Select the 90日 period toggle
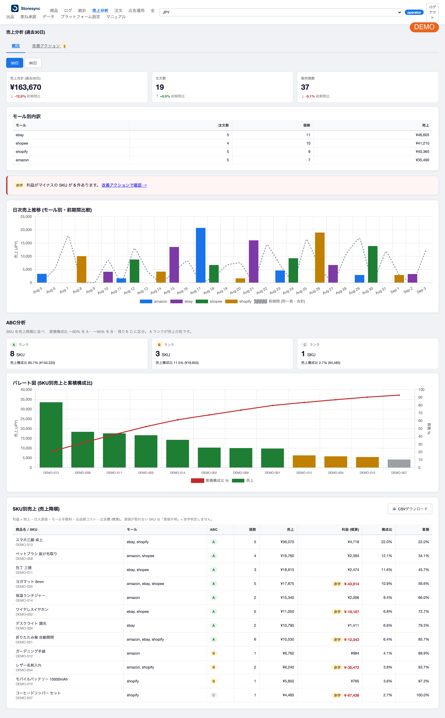click(33, 63)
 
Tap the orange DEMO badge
click(424, 27)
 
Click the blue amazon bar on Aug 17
click(201, 255)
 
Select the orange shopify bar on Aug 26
click(320, 258)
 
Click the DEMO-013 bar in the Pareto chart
click(51, 435)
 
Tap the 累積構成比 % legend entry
click(210, 480)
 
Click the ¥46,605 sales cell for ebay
click(422, 135)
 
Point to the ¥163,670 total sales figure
click(26, 87)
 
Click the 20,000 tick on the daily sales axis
click(26, 230)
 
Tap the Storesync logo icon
click(15, 8)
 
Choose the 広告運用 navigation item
click(137, 11)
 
